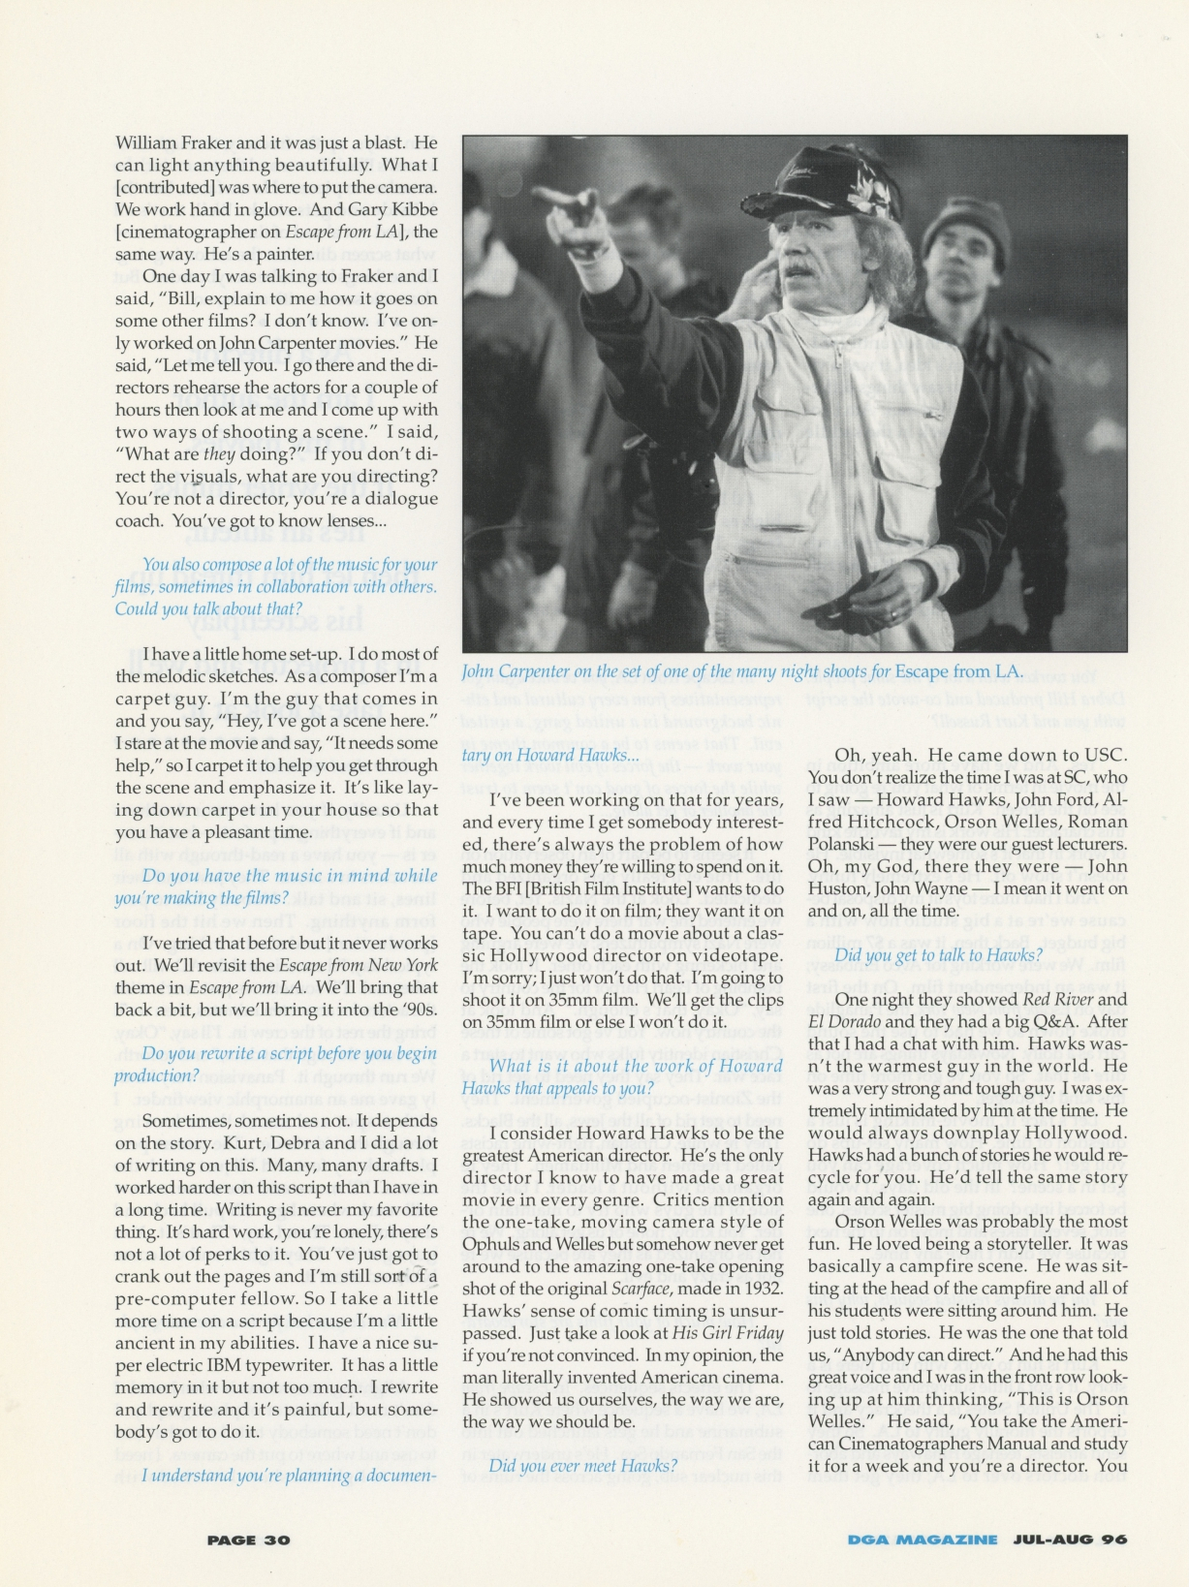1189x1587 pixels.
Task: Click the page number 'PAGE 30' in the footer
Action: click(248, 1540)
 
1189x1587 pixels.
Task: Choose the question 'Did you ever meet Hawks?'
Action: click(582, 1466)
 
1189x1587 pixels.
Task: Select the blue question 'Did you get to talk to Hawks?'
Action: click(925, 955)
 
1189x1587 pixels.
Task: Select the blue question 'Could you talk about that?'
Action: click(208, 608)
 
